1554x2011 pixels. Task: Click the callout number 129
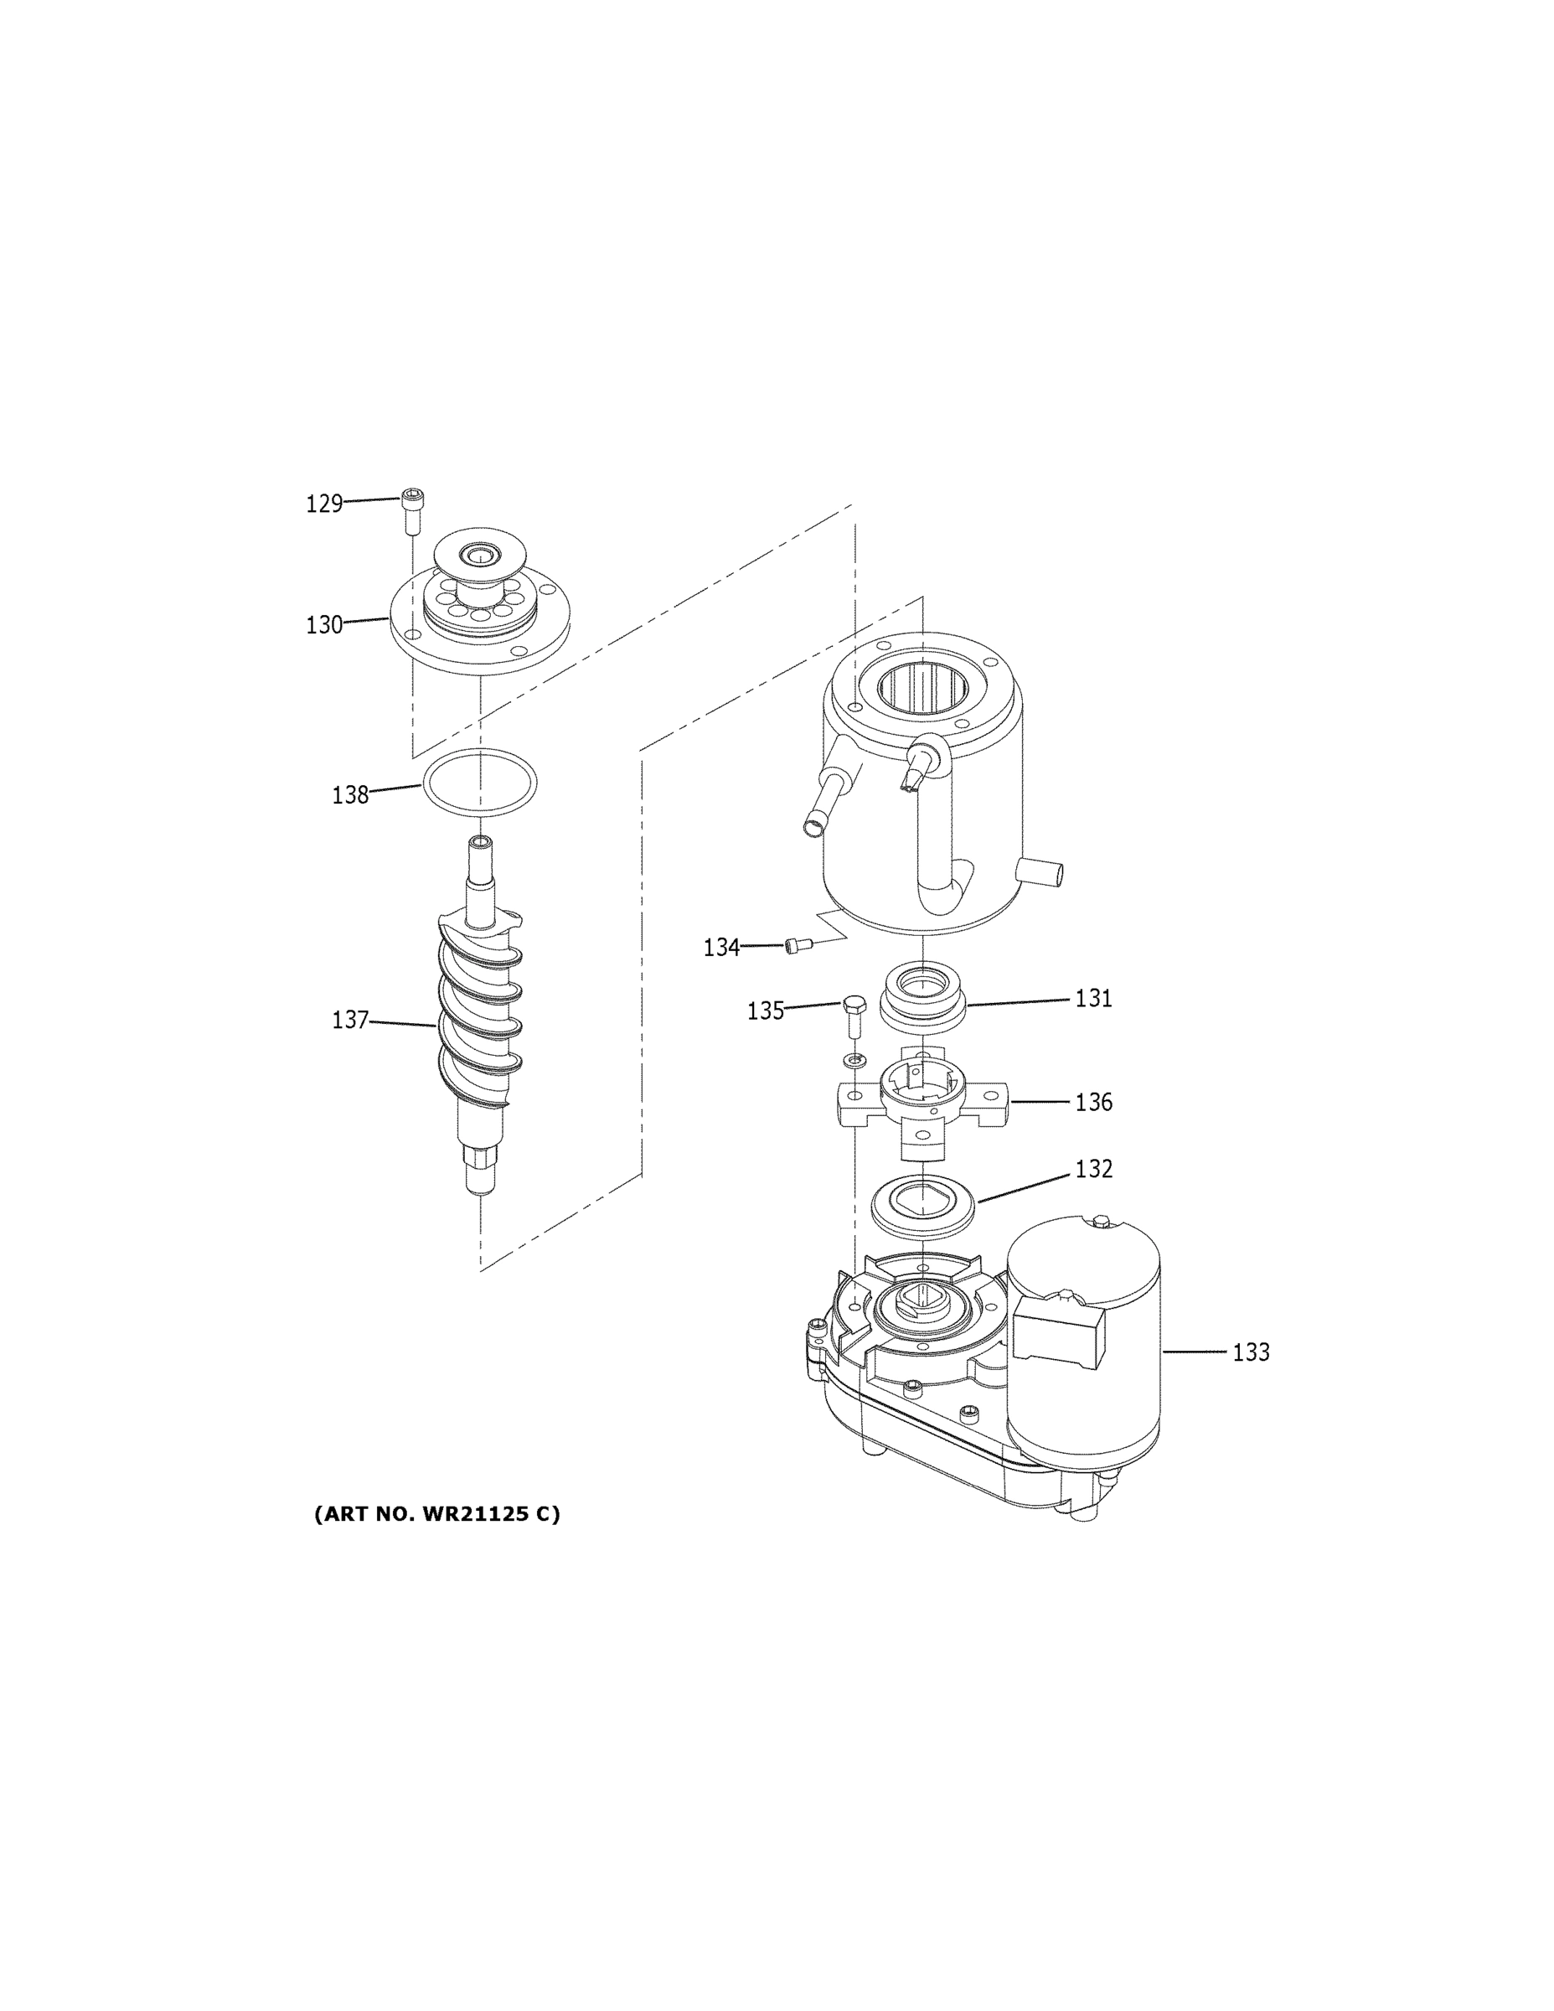click(324, 504)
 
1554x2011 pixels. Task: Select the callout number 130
click(324, 625)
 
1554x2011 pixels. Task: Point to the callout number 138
click(350, 794)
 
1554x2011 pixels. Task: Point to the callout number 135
click(765, 1011)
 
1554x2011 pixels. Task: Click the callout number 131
click(1094, 998)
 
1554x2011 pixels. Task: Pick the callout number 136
click(1094, 1102)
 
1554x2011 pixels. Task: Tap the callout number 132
click(1094, 1169)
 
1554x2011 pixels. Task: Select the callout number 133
click(1250, 1352)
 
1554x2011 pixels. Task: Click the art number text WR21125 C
click(436, 1514)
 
